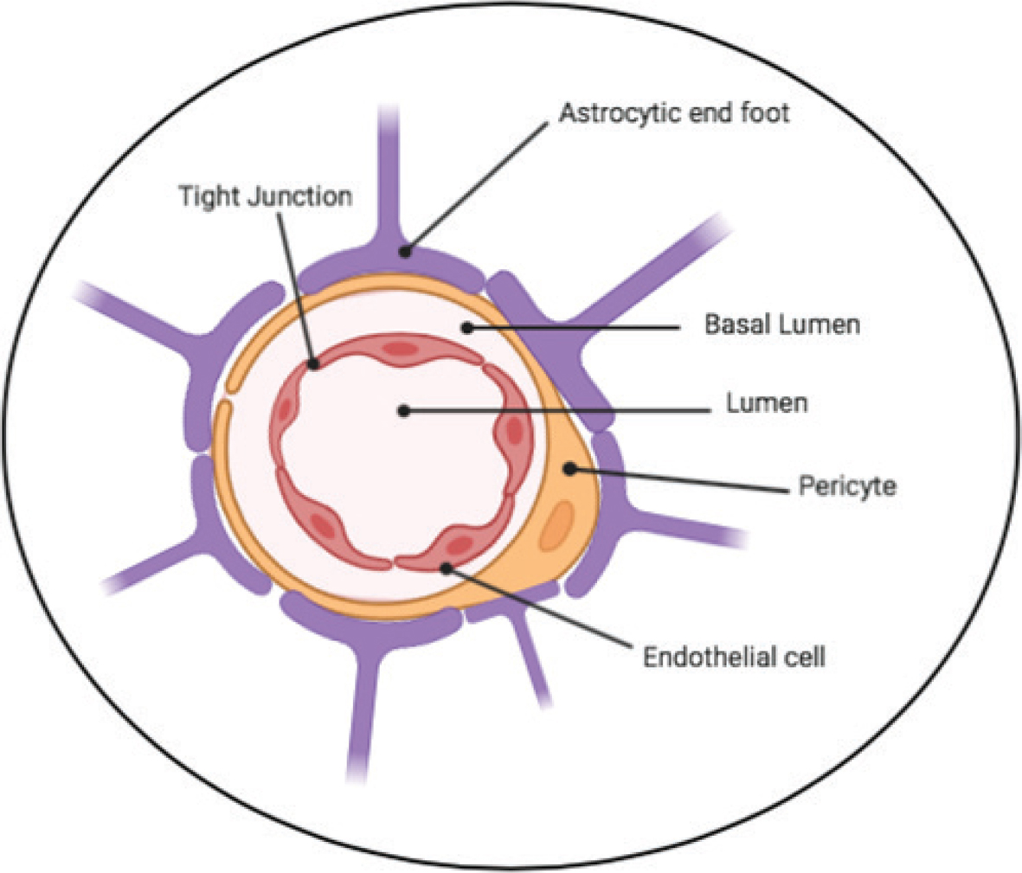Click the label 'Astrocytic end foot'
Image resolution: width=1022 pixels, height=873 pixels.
pyautogui.click(x=673, y=112)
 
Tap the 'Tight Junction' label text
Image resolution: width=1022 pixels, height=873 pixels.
pyautogui.click(x=266, y=196)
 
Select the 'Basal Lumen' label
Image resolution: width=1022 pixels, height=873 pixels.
pyautogui.click(x=781, y=324)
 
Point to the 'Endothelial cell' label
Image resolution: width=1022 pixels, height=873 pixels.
pyautogui.click(x=734, y=657)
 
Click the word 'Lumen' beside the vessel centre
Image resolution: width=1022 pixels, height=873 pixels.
pyautogui.click(x=767, y=402)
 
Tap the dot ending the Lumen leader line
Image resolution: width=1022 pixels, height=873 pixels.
pyautogui.click(x=403, y=410)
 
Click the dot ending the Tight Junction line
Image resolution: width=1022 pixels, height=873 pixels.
pyautogui.click(x=314, y=364)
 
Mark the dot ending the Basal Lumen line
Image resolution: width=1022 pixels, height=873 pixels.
pyautogui.click(x=466, y=328)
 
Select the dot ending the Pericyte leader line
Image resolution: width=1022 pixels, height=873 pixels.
pyautogui.click(x=569, y=469)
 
